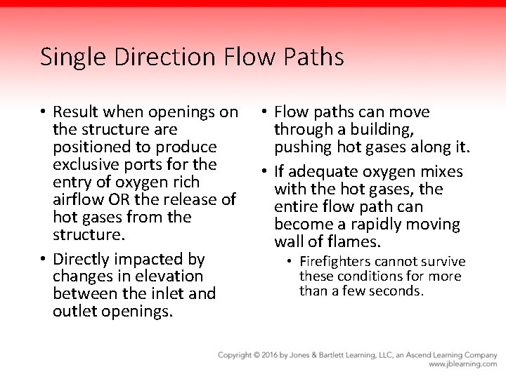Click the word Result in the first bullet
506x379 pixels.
76,112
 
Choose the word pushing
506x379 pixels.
302,147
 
